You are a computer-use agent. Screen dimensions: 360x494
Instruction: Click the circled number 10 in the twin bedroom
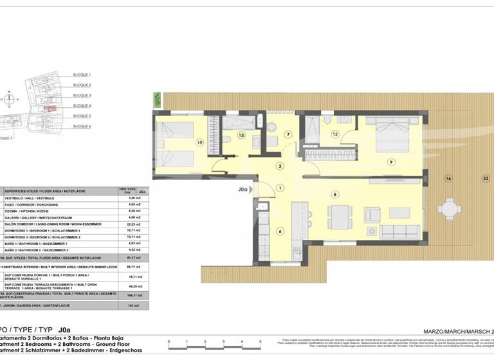click(x=200, y=142)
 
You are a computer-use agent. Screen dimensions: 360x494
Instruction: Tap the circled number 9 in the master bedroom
click(x=390, y=162)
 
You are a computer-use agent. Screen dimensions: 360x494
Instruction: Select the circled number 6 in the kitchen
click(x=280, y=231)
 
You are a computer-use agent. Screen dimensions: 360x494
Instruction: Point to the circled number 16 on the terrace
click(x=448, y=178)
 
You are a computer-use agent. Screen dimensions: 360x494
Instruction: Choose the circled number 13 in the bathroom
click(x=241, y=135)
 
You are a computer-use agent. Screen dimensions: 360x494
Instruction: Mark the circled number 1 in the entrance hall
click(x=280, y=188)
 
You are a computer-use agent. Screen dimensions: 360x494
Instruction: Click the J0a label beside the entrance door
click(x=243, y=190)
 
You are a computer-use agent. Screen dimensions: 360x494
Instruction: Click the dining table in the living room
click(x=339, y=215)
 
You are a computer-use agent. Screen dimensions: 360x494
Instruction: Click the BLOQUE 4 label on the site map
click(x=82, y=105)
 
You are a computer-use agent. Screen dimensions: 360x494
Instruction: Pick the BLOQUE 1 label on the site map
click(x=82, y=75)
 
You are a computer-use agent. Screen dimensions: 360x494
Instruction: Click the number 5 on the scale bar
click(x=260, y=342)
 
